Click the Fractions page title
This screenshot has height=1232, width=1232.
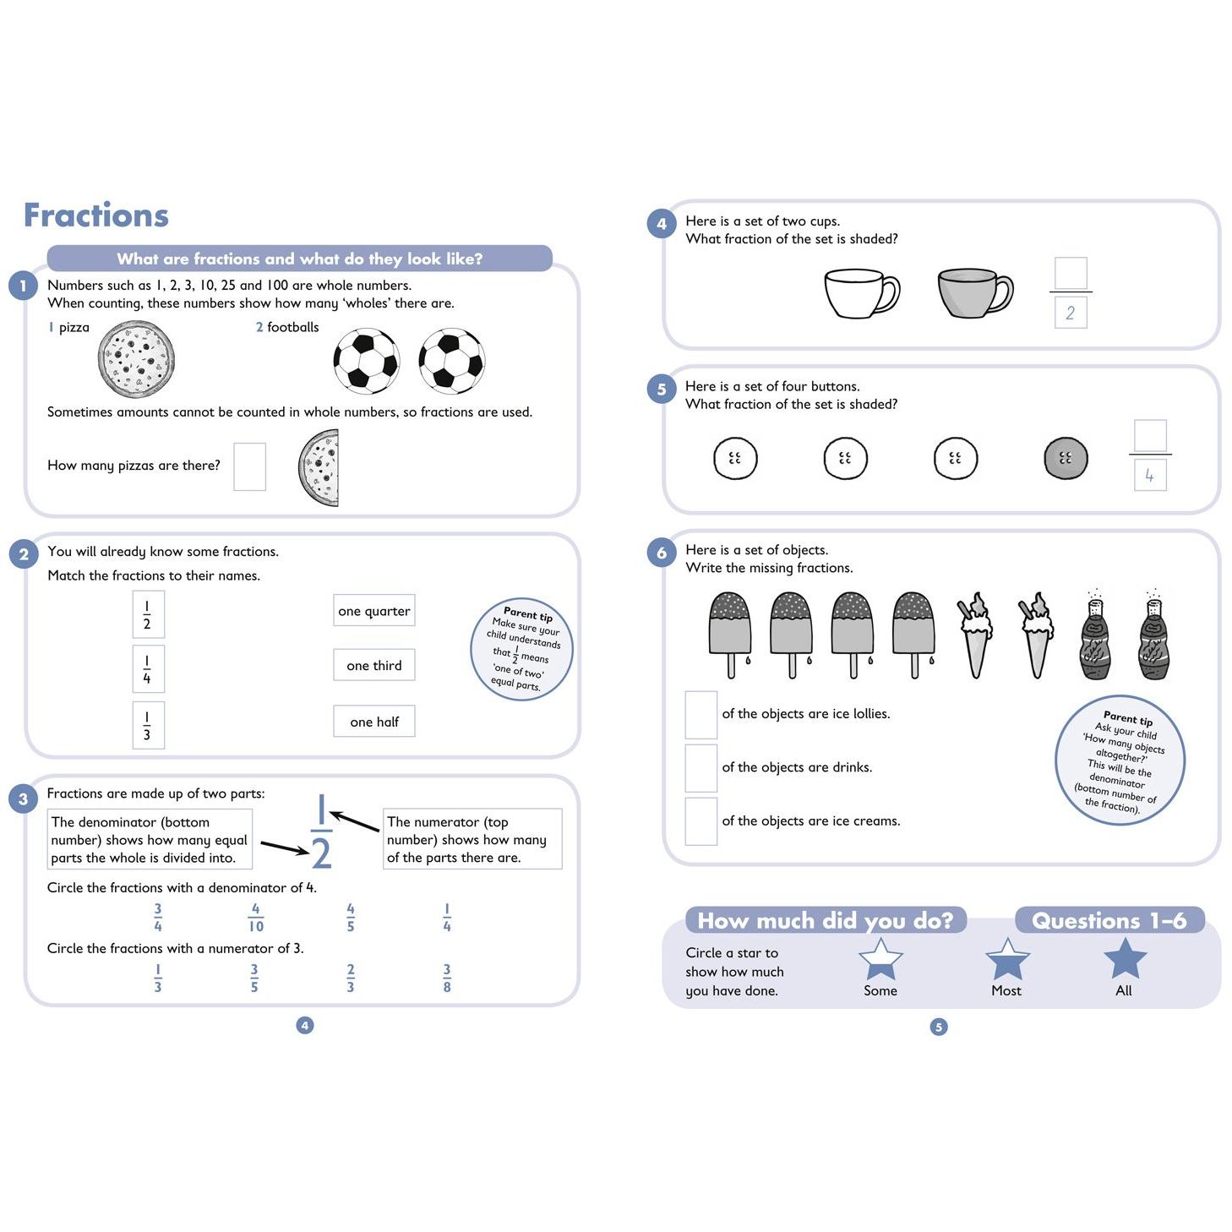click(96, 215)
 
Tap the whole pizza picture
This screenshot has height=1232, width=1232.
click(136, 361)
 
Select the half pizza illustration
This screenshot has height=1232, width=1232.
click(319, 467)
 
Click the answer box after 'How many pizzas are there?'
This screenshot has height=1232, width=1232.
click(249, 466)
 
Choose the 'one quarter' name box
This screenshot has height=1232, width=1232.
click(373, 611)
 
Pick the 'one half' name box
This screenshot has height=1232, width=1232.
click(373, 722)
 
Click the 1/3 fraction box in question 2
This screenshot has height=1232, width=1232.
click(147, 725)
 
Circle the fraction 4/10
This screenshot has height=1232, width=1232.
click(255, 918)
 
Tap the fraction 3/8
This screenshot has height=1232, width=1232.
click(447, 978)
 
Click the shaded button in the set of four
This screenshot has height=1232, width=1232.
click(1065, 459)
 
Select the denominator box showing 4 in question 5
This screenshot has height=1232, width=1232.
click(1149, 476)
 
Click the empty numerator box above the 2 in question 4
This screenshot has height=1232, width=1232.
click(1071, 274)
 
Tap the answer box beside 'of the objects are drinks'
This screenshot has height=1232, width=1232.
click(700, 767)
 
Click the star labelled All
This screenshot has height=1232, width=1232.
click(1125, 958)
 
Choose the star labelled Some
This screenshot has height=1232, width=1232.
click(880, 958)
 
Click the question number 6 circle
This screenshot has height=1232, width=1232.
click(662, 553)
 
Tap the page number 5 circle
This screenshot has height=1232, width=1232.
click(938, 1027)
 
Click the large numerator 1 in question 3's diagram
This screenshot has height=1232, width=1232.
click(320, 811)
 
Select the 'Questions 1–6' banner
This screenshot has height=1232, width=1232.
click(1109, 920)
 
